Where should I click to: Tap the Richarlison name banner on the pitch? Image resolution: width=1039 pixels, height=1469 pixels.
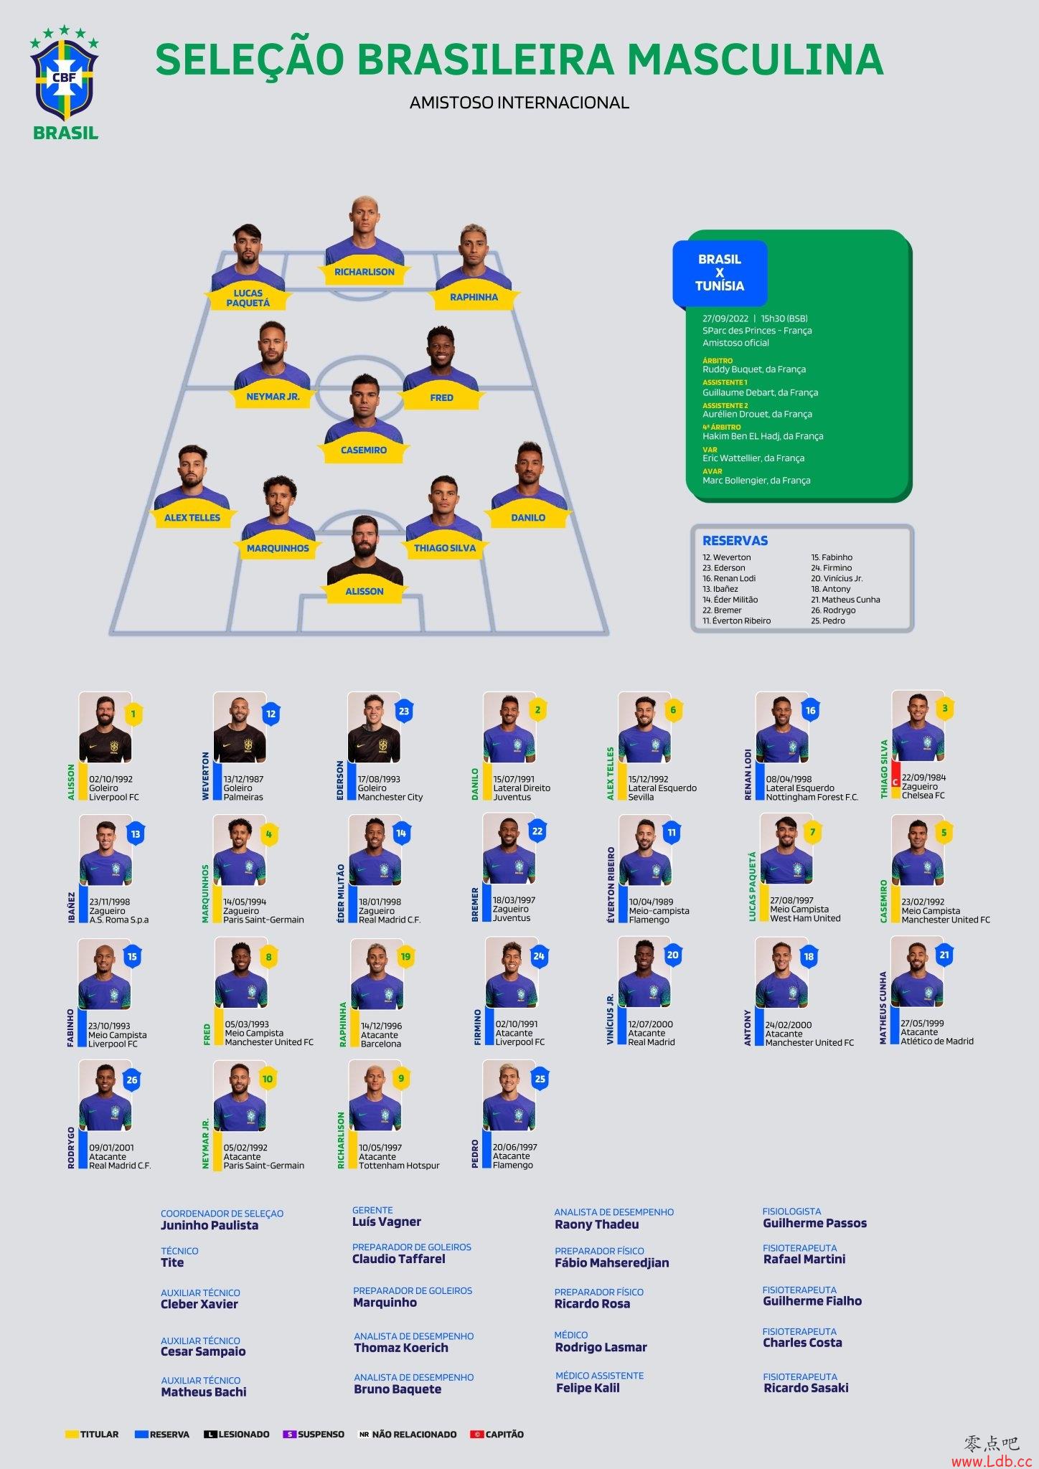(365, 273)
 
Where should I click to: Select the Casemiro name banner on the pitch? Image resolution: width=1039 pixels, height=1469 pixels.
(364, 450)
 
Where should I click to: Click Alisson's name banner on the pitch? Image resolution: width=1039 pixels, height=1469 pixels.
(365, 592)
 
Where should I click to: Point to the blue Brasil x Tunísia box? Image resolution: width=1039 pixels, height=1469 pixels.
(720, 273)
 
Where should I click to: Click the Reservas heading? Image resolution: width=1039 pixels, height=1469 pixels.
(735, 541)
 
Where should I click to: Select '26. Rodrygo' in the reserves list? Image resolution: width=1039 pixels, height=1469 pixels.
(833, 610)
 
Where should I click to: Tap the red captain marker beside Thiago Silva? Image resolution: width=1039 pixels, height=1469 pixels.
(895, 782)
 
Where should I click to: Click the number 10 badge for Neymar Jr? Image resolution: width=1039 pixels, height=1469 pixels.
(268, 1080)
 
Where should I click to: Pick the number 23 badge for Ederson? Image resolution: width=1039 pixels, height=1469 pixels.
(404, 712)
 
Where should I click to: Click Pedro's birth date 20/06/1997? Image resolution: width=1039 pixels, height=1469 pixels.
(514, 1147)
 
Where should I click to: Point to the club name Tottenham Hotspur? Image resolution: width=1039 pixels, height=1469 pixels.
(399, 1166)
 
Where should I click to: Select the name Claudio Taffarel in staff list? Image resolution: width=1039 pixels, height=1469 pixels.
(398, 1259)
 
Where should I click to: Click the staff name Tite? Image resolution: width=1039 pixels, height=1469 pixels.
(172, 1262)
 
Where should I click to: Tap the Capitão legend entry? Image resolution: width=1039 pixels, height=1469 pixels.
(497, 1434)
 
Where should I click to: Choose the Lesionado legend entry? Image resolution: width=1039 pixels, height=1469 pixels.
(237, 1434)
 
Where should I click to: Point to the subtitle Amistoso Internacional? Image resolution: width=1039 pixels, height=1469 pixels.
(519, 103)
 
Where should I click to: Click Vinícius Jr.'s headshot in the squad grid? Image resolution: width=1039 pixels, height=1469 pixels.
(644, 973)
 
